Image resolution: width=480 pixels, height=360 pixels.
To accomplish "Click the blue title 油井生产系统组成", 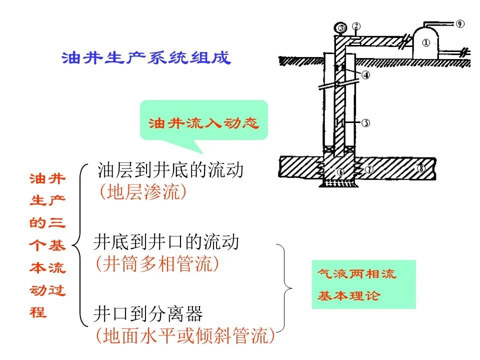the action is click(x=146, y=58).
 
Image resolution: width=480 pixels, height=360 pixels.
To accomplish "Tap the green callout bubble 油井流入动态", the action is click(x=204, y=120).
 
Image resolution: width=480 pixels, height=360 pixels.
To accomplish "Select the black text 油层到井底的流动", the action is click(x=170, y=170).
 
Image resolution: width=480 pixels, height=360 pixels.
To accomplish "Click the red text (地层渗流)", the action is click(x=142, y=192).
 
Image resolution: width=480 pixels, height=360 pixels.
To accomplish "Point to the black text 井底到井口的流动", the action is click(x=166, y=242).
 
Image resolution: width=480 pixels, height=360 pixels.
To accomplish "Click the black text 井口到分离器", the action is click(x=148, y=314).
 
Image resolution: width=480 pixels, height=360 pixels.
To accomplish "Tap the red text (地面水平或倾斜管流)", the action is click(x=185, y=336).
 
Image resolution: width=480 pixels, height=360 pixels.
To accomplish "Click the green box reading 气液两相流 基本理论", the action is click(x=363, y=284).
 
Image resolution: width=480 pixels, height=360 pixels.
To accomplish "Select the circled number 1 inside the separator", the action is click(x=426, y=43).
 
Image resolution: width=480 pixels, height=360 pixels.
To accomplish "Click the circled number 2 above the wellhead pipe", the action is click(x=356, y=26).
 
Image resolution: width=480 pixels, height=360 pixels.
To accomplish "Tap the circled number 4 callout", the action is click(x=366, y=74).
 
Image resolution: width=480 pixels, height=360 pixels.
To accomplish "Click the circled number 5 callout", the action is click(x=366, y=123).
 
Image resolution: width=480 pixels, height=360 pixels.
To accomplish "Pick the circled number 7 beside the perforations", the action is click(x=369, y=169).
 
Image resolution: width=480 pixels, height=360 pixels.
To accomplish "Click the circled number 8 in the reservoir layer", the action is click(x=421, y=168).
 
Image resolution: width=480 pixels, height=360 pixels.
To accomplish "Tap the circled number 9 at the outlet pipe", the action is click(x=460, y=24).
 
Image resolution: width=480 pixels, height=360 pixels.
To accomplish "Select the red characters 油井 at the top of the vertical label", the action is click(x=47, y=179).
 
